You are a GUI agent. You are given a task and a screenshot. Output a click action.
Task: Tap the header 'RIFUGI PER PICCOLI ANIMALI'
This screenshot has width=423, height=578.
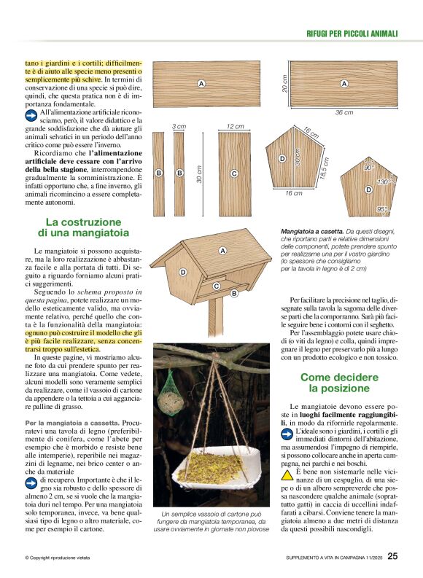tap(352, 34)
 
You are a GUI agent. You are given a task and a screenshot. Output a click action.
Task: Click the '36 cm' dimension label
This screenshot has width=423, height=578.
tap(344, 113)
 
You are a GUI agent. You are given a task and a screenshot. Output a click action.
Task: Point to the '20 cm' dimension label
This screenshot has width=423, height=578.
tap(284, 84)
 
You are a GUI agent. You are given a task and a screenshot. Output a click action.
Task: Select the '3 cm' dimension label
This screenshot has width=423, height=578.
tap(179, 126)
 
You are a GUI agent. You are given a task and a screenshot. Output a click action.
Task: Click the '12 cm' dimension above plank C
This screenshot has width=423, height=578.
tap(234, 126)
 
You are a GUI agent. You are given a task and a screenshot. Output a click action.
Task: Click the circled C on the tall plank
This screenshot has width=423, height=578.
tap(234, 173)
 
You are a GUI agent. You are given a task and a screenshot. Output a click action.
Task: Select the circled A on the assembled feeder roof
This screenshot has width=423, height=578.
tap(222, 251)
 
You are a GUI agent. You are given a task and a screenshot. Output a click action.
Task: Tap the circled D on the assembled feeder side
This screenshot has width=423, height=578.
tap(183, 272)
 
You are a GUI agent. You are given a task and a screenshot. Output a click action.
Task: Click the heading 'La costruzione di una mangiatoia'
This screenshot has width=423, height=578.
tap(83, 227)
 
